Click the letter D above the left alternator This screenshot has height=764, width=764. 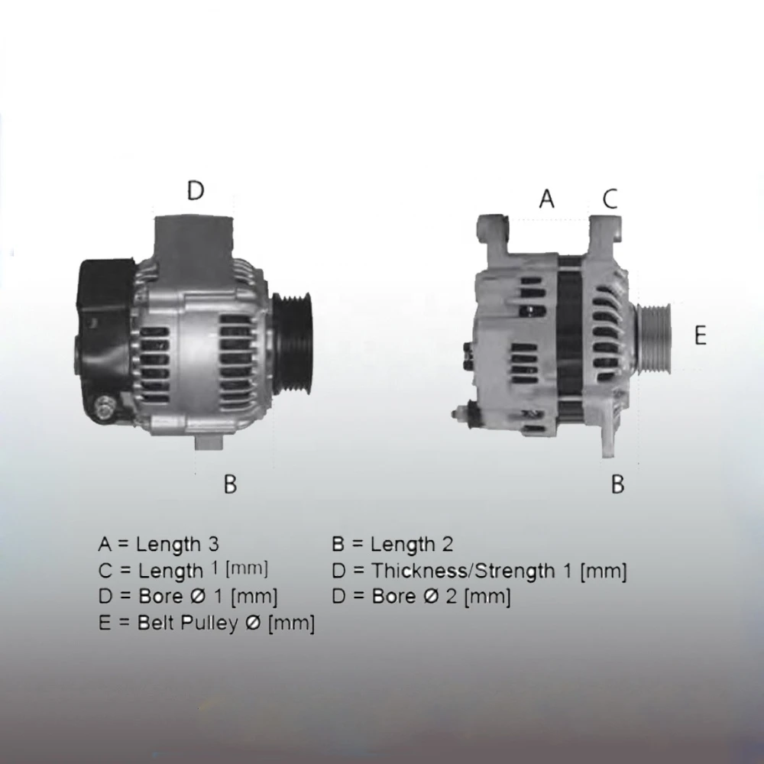pyautogui.click(x=196, y=190)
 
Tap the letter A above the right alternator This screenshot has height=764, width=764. pyautogui.click(x=547, y=199)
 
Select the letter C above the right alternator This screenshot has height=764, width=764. pyautogui.click(x=610, y=199)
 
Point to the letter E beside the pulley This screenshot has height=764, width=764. pyautogui.click(x=700, y=335)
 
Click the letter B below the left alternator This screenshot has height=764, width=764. pyautogui.click(x=230, y=484)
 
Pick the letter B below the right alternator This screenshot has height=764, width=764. pyautogui.click(x=617, y=484)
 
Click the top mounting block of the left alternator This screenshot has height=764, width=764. pyautogui.click(x=194, y=244)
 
